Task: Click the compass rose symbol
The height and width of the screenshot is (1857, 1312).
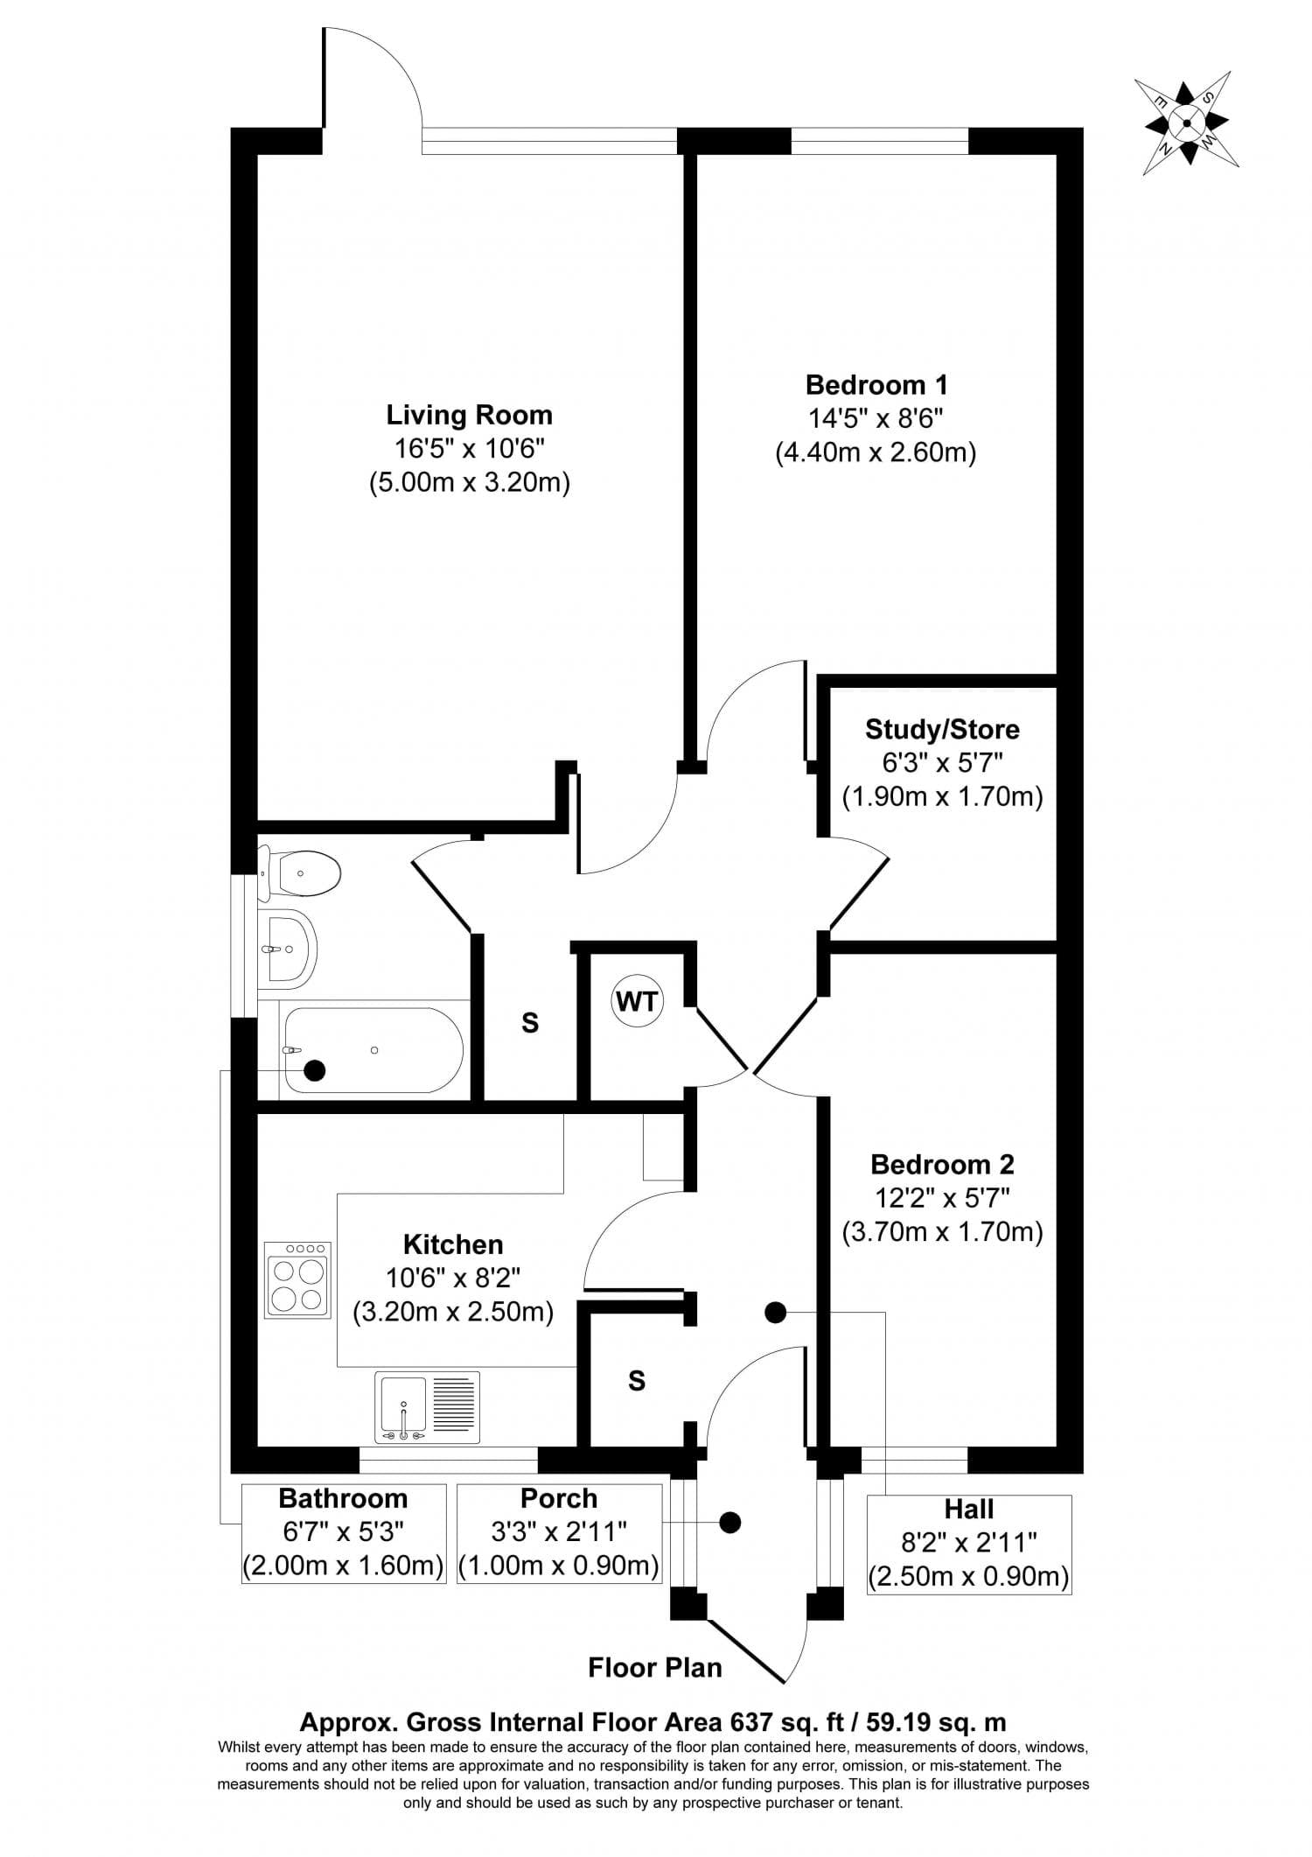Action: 1186,123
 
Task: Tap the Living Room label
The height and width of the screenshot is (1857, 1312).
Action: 469,415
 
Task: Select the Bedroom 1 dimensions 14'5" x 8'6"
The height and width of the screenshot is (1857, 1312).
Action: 876,419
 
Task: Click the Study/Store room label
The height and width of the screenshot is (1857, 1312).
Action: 942,729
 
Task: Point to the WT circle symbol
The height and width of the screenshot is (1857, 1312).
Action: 637,1001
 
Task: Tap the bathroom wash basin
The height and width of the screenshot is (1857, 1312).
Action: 287,949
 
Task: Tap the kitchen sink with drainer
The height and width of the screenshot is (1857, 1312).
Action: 428,1407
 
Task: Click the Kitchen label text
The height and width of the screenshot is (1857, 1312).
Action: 453,1244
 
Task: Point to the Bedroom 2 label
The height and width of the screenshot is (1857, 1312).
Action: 942,1165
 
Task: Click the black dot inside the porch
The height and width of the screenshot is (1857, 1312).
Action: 729,1523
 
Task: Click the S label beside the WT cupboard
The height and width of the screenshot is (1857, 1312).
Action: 530,1023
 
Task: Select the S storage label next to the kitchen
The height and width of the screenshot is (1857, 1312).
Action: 637,1381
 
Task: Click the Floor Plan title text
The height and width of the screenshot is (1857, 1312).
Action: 655,1668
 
